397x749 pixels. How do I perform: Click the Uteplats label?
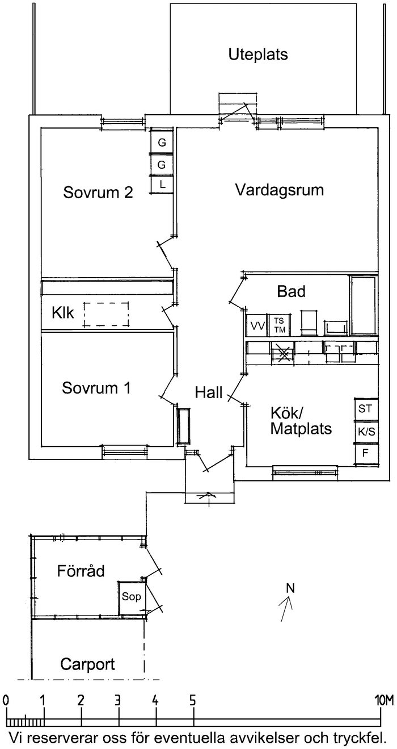(x=258, y=55)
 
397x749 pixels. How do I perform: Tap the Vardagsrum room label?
(x=279, y=190)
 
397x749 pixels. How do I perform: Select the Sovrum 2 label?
(x=98, y=193)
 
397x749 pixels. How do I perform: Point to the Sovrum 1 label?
(x=96, y=388)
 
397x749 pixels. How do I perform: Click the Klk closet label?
(x=62, y=313)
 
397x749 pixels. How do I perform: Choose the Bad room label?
(x=291, y=292)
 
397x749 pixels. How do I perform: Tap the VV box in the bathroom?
(x=257, y=326)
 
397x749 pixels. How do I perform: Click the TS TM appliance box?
(x=279, y=325)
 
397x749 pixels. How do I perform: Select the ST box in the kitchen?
(x=365, y=408)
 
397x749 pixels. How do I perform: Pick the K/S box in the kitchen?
(x=366, y=432)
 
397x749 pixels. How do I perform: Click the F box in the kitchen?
(x=365, y=454)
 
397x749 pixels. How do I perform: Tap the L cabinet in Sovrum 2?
(x=162, y=185)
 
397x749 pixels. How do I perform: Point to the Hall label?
(x=208, y=392)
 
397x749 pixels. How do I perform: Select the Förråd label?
(x=81, y=571)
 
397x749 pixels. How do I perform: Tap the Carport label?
(x=87, y=664)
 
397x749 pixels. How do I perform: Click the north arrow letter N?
(x=290, y=588)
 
